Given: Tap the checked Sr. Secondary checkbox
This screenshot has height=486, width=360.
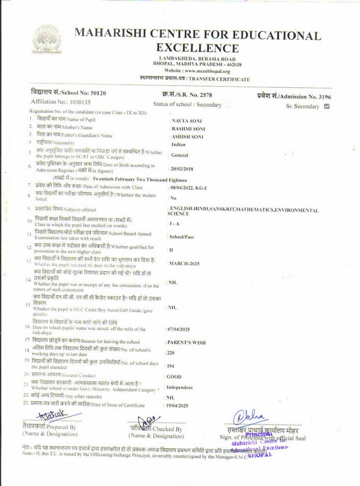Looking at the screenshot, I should point(327,106).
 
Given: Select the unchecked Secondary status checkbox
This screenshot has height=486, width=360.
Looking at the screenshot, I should point(229,105).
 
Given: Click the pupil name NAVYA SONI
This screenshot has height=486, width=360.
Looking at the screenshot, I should point(186,121).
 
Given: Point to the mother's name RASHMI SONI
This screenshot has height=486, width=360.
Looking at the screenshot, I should point(188,129).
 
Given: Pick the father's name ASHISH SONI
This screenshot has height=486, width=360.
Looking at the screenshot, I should point(187,137).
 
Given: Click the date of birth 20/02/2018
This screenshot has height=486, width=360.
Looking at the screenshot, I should point(182,169).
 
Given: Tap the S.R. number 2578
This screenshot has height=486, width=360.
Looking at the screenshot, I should point(206,95).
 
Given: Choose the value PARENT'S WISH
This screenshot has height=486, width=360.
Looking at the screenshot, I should point(186,343).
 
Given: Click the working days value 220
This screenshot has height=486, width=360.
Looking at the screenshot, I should point(171,353).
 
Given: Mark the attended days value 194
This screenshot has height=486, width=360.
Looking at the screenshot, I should point(171,366).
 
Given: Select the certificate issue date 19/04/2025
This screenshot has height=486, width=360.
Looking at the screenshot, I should point(177,406).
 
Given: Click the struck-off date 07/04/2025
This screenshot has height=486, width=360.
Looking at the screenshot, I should point(179,329).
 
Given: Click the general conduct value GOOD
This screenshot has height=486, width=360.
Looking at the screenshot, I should point(174,377).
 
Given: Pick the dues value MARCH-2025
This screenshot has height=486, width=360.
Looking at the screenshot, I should point(184,264).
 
